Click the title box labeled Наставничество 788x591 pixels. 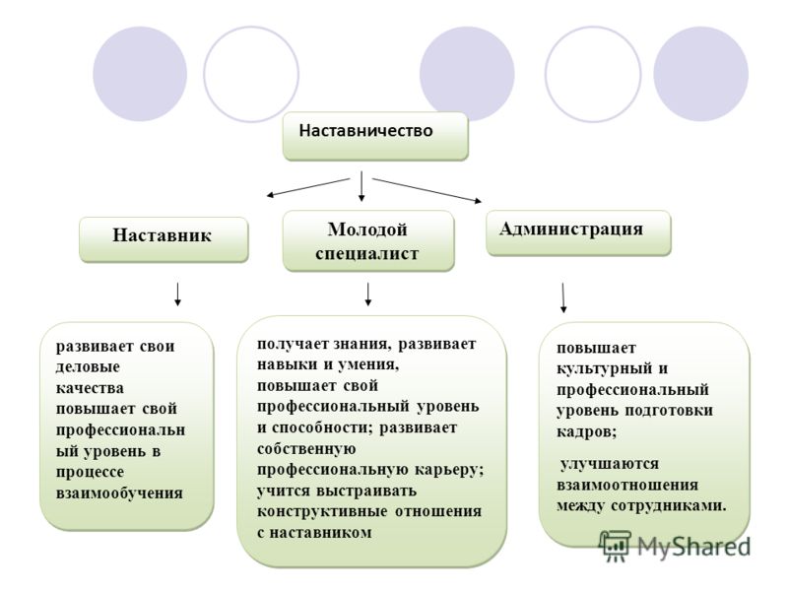pos(375,136)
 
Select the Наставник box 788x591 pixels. pos(164,239)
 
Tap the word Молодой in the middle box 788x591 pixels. pos(367,230)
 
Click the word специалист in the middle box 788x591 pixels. pos(366,253)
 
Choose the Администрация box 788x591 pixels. pos(578,233)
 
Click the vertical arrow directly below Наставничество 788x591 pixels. pos(361,186)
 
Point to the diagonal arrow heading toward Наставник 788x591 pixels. pos(307,187)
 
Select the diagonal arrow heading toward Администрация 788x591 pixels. pos(427,190)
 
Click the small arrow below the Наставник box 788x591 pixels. pos(177,295)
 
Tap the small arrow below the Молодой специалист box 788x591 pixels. pos(367,295)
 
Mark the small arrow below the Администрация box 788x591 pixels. pos(562,298)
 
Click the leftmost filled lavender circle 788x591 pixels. pos(140,74)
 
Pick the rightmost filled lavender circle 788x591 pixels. pos(701,74)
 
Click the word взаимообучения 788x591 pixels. pos(119,492)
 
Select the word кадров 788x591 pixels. pos(586,431)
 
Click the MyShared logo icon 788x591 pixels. pos(614,546)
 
